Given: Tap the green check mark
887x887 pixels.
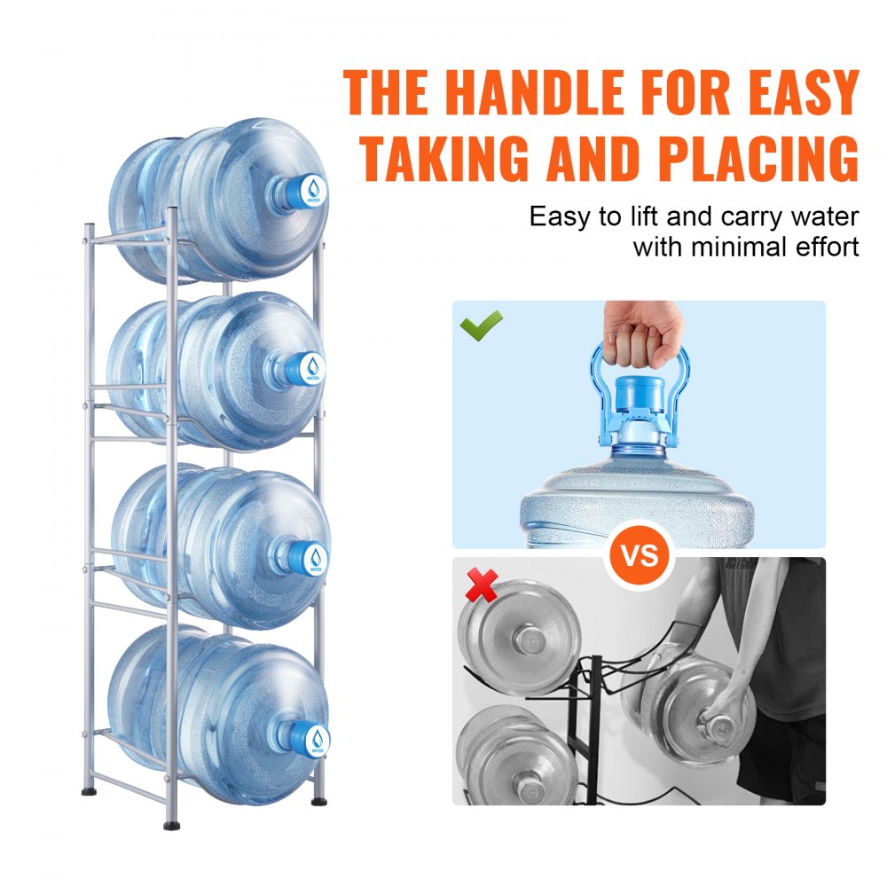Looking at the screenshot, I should pyautogui.click(x=481, y=325).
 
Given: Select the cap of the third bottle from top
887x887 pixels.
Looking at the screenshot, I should pyautogui.click(x=317, y=556).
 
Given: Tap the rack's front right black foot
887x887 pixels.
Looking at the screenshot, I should pyautogui.click(x=318, y=801).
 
